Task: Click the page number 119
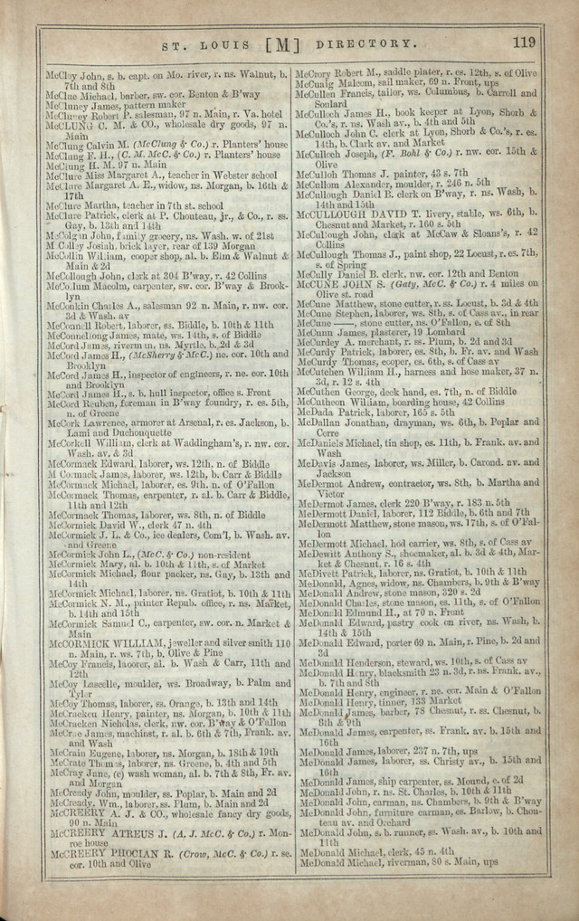click(x=524, y=41)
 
